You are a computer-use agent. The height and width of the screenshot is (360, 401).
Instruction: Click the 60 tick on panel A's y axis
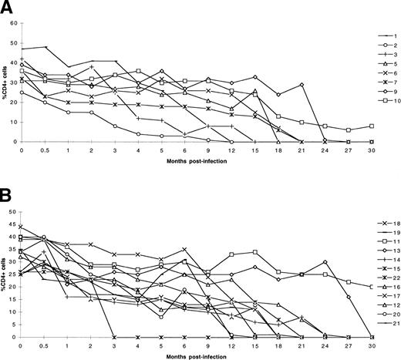(15, 24)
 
